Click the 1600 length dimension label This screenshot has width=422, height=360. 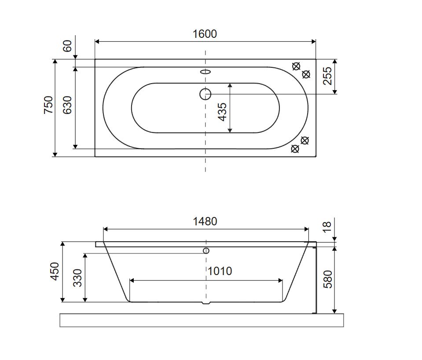point(205,34)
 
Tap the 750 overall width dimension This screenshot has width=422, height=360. point(48,105)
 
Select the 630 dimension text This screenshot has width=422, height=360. point(67,105)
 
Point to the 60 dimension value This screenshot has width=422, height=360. point(67,46)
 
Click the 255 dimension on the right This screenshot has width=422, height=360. point(327,76)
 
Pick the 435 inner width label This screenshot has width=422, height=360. point(222,112)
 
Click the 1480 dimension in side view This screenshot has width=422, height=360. point(205,222)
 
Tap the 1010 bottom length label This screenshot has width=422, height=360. point(220,271)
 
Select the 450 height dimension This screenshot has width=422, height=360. point(55,272)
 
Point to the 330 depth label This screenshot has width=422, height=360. point(77,278)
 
